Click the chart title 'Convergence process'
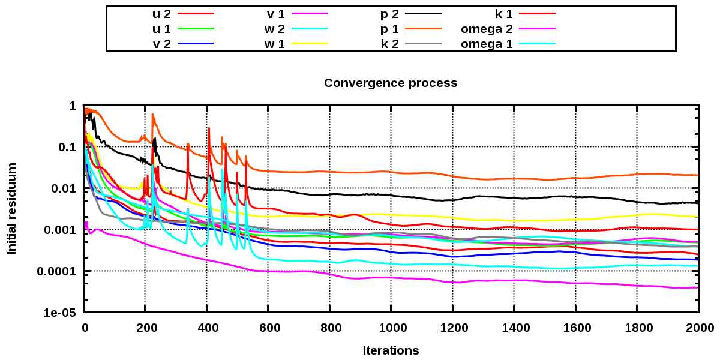(x=391, y=83)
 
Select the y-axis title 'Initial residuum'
(x=12, y=208)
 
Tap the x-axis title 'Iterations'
(x=391, y=350)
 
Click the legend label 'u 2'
(x=163, y=13)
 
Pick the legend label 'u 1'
(x=163, y=28)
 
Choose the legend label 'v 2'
(x=162, y=43)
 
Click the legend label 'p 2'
(x=388, y=13)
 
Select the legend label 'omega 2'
(x=487, y=28)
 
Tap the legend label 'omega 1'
(x=487, y=43)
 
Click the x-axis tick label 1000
(x=391, y=328)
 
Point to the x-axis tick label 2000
(x=698, y=328)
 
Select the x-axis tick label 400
(x=207, y=328)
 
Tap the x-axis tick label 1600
(x=575, y=328)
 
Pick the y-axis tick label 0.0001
(x=55, y=272)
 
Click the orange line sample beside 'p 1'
(x=424, y=28)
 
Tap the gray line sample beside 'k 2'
(x=424, y=43)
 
